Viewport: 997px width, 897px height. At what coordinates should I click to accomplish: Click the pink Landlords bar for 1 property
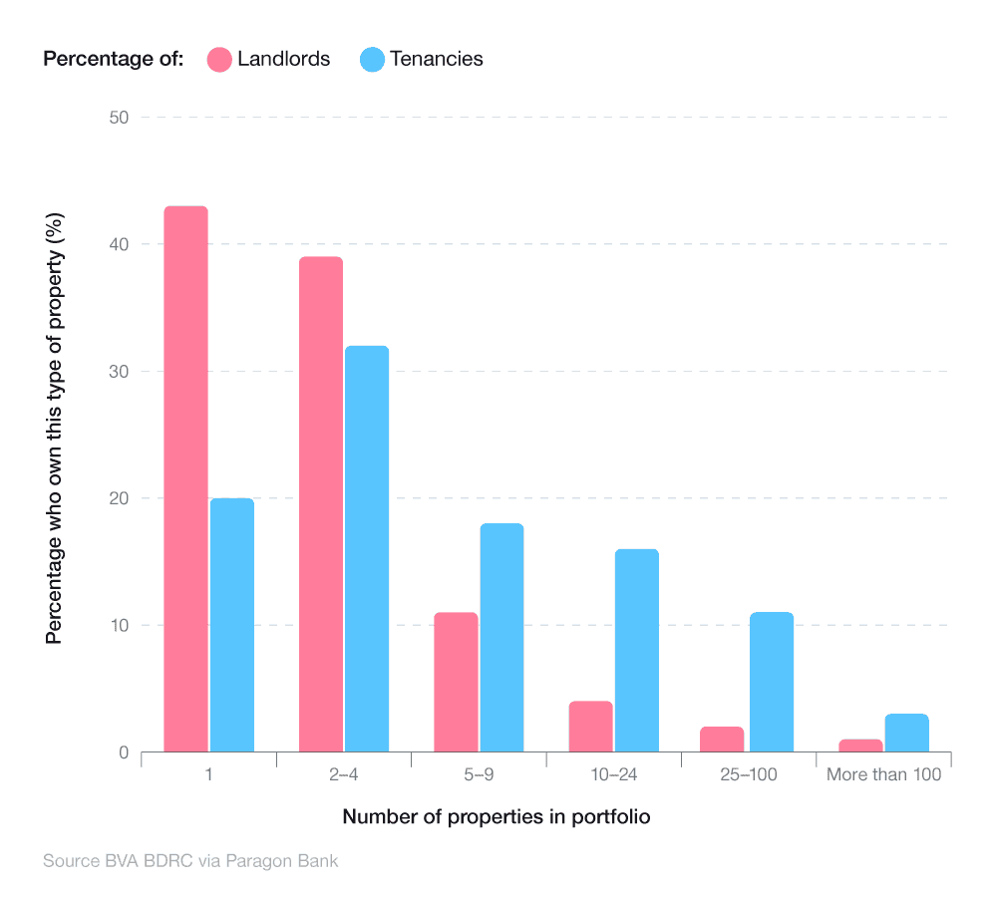pyautogui.click(x=185, y=478)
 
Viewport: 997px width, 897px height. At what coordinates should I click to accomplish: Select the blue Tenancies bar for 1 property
pyautogui.click(x=231, y=625)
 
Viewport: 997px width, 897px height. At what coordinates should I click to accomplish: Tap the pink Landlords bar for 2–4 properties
pyautogui.click(x=320, y=503)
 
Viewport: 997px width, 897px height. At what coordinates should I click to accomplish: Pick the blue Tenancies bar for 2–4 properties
pyautogui.click(x=366, y=548)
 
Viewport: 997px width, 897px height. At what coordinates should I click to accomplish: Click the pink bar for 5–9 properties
pyautogui.click(x=456, y=682)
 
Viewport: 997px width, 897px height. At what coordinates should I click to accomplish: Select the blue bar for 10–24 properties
pyautogui.click(x=636, y=650)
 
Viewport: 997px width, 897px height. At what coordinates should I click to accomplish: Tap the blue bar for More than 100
pyautogui.click(x=906, y=733)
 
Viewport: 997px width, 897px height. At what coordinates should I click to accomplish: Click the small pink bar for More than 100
pyautogui.click(x=860, y=746)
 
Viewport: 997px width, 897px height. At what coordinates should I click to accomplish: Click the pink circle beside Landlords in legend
pyautogui.click(x=219, y=59)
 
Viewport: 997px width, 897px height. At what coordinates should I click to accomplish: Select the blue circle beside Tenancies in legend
pyautogui.click(x=372, y=59)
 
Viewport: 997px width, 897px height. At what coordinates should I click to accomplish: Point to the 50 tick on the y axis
pyautogui.click(x=120, y=118)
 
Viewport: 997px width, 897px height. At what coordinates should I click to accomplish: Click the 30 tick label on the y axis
pyautogui.click(x=120, y=372)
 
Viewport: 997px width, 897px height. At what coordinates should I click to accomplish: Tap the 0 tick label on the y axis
pyautogui.click(x=125, y=752)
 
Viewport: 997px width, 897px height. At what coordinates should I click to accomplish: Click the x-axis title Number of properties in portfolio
pyautogui.click(x=497, y=817)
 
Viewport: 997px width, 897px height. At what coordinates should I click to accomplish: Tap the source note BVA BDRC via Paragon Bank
pyautogui.click(x=190, y=860)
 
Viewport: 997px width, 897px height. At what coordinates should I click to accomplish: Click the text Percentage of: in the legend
pyautogui.click(x=113, y=59)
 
